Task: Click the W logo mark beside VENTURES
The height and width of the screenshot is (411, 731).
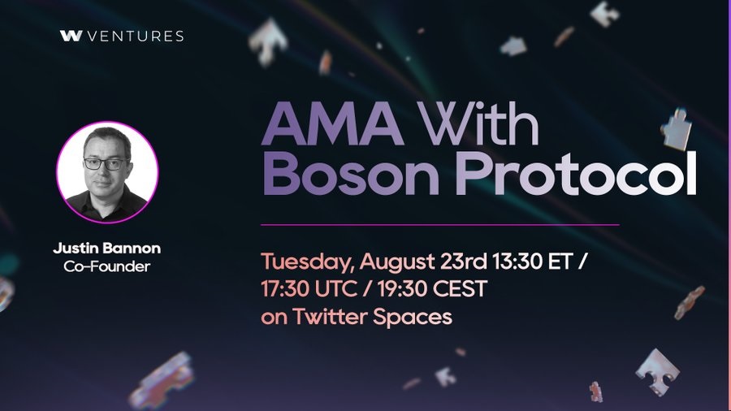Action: pyautogui.click(x=71, y=36)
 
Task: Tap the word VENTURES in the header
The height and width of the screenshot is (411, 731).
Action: pyautogui.click(x=136, y=37)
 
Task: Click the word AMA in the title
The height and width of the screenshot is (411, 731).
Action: pyautogui.click(x=333, y=123)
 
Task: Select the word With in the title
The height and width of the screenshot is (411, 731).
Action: pyautogui.click(x=478, y=122)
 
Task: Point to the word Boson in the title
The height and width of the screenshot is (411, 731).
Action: pyautogui.click(x=351, y=173)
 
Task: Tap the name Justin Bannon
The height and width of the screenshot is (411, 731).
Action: pyautogui.click(x=106, y=248)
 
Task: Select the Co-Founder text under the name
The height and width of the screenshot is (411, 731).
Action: pyautogui.click(x=106, y=266)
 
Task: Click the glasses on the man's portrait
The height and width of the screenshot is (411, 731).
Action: pyautogui.click(x=106, y=163)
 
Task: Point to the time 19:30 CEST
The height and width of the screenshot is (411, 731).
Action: pyautogui.click(x=432, y=289)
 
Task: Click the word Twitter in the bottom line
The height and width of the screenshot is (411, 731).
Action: pyautogui.click(x=330, y=317)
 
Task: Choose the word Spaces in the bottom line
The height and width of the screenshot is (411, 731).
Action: pyautogui.click(x=413, y=318)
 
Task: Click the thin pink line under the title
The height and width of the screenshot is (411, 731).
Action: pyautogui.click(x=440, y=225)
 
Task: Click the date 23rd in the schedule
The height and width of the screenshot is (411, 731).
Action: pyautogui.click(x=463, y=262)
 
